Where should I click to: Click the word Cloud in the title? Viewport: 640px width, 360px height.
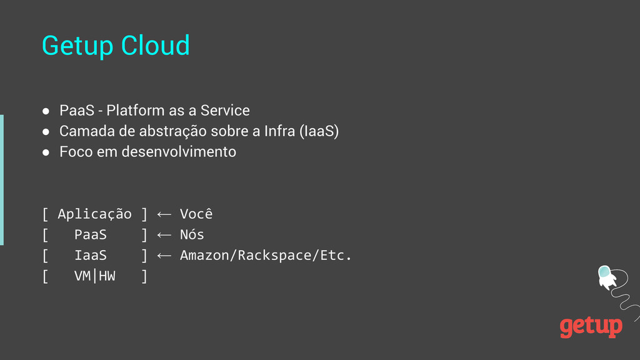tap(155, 46)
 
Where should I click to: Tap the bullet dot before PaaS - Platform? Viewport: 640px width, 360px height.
tap(46, 111)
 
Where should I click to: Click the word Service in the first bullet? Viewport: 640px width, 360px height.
tap(225, 111)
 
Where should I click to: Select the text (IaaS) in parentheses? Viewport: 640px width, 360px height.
tap(319, 132)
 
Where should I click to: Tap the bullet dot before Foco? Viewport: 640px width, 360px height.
tap(46, 152)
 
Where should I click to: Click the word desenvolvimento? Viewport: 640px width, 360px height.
tap(179, 152)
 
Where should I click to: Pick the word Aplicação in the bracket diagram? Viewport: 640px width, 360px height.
tap(94, 214)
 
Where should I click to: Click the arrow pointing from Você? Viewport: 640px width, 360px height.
tap(164, 214)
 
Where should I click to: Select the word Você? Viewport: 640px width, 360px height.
tap(196, 214)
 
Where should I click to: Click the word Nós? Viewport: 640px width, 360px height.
tap(192, 235)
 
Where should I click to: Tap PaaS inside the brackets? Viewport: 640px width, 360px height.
tap(91, 235)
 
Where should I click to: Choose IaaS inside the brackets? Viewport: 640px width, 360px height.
tap(91, 256)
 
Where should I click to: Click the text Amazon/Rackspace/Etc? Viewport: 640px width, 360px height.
tap(266, 256)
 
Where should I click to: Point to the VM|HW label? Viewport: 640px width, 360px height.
tap(95, 276)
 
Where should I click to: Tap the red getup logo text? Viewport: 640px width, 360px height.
tap(591, 326)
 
